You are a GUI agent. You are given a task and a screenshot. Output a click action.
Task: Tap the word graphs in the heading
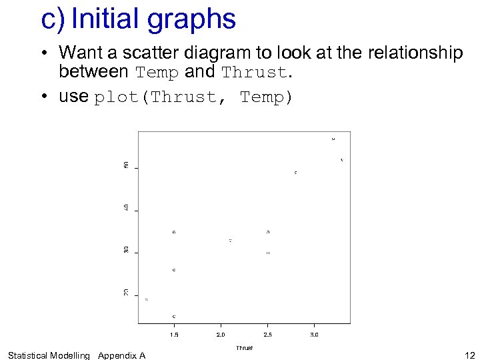(191, 20)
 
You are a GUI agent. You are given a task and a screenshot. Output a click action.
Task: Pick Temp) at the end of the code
(267, 97)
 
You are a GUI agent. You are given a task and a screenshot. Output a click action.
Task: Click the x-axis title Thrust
(244, 348)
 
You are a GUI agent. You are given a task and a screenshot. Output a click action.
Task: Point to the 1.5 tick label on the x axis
(174, 334)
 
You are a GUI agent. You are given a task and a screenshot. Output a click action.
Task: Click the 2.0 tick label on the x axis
(221, 334)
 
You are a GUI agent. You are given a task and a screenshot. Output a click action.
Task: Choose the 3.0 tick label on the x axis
(315, 334)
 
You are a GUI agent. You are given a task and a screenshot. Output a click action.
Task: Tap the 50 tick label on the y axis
(127, 165)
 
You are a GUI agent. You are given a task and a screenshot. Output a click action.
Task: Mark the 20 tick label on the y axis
(127, 292)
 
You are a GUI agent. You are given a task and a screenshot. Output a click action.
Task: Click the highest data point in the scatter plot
(333, 139)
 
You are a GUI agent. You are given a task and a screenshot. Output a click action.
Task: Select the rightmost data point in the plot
(342, 160)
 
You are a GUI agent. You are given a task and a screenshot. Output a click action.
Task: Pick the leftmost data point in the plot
(147, 299)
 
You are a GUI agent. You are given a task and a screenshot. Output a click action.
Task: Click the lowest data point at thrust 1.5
(174, 316)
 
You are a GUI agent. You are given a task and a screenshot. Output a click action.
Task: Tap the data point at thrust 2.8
(296, 173)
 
